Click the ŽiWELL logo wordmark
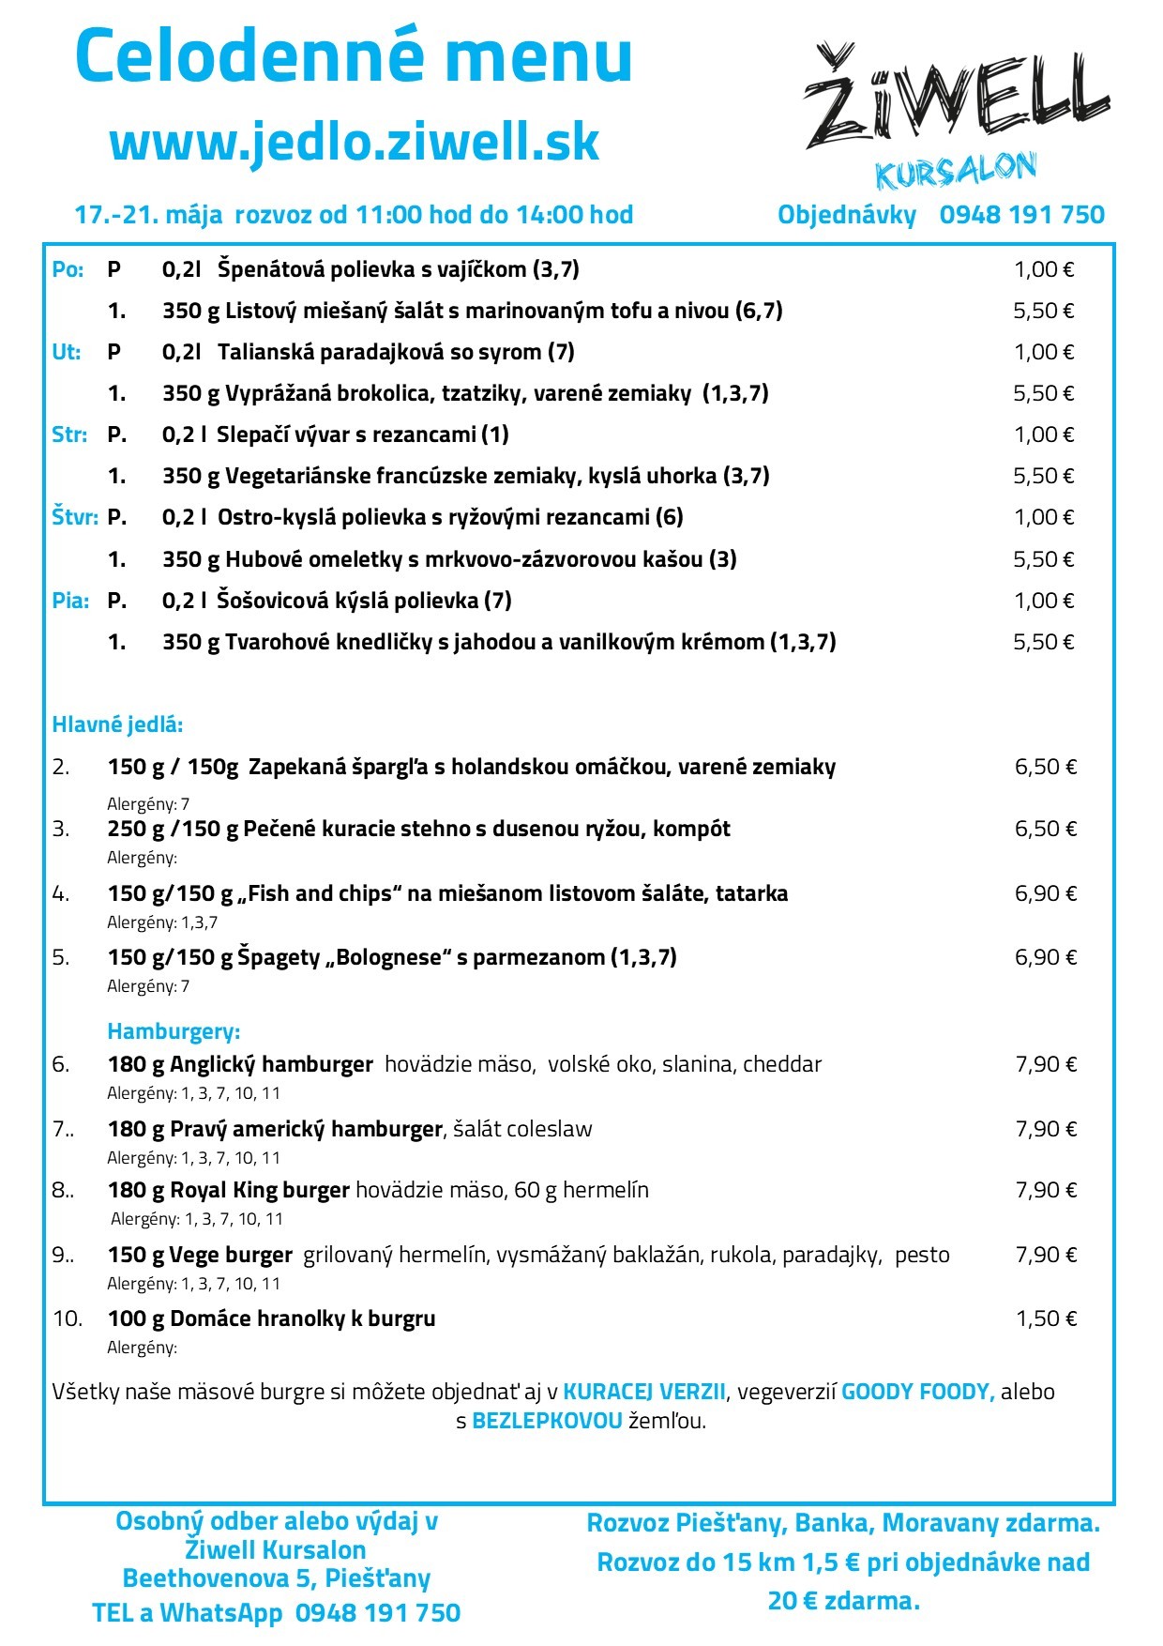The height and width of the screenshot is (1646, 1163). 957,99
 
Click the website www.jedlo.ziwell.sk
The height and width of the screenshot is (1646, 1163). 355,143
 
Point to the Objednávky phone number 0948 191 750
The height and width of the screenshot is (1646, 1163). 1021,215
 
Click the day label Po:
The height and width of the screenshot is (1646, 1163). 68,270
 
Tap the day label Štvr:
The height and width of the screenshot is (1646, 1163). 74,517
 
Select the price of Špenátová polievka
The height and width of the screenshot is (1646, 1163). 1043,270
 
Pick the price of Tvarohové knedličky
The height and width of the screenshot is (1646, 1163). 1043,642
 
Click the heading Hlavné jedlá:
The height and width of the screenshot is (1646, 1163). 117,724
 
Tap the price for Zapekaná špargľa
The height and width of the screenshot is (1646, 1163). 1045,767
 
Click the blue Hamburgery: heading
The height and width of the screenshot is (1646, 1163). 174,1031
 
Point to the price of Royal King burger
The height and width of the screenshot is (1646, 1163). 1046,1190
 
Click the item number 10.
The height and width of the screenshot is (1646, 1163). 67,1318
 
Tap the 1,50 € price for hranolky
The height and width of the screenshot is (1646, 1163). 1046,1318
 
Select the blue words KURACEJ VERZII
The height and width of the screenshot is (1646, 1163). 643,1392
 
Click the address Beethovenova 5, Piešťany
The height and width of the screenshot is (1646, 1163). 276,1578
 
